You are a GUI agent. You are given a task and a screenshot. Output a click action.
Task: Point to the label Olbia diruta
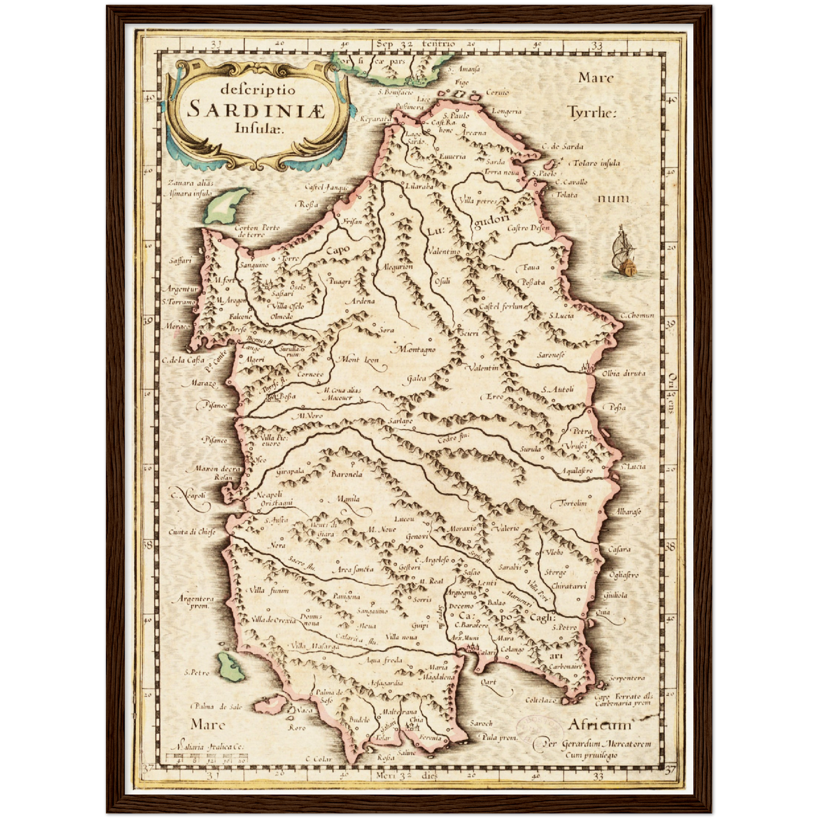[x=623, y=373]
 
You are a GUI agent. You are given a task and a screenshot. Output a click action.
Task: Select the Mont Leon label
[x=358, y=359]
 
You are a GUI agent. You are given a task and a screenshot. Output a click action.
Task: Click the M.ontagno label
[x=417, y=349]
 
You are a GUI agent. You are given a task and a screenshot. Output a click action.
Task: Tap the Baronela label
[x=346, y=474]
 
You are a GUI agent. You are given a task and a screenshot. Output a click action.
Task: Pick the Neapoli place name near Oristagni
[x=269, y=494]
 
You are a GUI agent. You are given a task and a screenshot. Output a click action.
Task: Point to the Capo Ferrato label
[x=623, y=699]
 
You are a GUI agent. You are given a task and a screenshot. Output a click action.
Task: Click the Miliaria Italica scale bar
[x=207, y=758]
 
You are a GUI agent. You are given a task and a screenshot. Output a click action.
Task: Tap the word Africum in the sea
[x=599, y=725]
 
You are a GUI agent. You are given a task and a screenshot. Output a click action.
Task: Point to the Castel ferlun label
[x=501, y=306]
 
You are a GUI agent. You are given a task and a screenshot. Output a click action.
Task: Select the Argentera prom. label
[x=196, y=601]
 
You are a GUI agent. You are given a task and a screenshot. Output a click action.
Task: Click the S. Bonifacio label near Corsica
[x=395, y=92]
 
